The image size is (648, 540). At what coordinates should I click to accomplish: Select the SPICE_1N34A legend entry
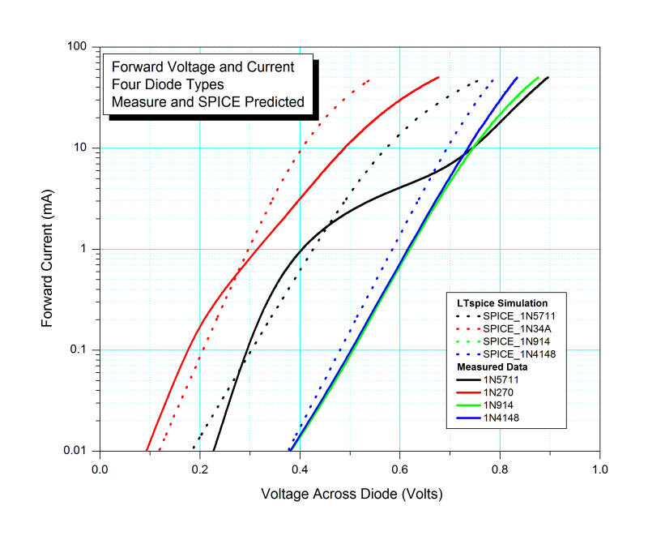coord(522,328)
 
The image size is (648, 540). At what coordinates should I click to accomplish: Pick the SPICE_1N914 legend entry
coord(520,341)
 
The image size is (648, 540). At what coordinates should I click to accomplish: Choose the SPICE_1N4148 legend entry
coord(522,354)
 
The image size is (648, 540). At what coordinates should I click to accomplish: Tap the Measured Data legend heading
coord(488,366)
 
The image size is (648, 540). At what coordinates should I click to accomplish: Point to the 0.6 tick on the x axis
coord(399,468)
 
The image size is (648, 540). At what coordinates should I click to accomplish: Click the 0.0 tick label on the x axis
coord(100,468)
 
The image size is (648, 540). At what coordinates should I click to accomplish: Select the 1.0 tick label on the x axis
coord(599,468)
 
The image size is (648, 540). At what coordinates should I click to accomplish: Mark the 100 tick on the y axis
coord(78,47)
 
